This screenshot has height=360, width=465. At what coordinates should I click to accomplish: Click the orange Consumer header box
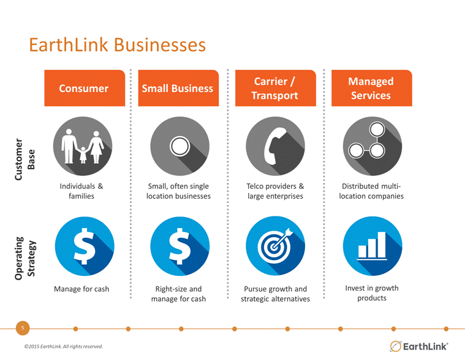coord(85,88)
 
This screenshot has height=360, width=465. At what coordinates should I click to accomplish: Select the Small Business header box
coord(178,88)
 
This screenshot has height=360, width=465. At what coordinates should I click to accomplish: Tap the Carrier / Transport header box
coord(276,88)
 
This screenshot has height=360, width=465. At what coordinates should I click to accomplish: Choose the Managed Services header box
coord(372,88)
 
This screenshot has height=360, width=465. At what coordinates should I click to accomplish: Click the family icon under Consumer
coord(83,146)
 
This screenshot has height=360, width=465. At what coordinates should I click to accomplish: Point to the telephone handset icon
coord(275,146)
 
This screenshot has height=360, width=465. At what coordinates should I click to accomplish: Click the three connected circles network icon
coord(372,146)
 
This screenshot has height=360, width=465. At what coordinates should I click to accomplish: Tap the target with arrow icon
coord(275,246)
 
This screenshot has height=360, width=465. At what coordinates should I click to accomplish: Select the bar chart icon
coord(372,246)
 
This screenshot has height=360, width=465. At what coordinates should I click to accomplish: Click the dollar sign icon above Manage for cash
coord(85,246)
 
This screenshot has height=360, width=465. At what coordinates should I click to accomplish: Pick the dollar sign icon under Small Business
coord(180,246)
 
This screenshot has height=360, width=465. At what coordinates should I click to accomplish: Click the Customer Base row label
coord(25,159)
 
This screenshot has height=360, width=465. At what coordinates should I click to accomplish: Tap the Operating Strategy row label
coord(25,258)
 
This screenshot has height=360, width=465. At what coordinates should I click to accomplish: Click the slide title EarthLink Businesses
coord(117,45)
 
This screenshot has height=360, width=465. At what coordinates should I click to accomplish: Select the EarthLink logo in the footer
coord(418,347)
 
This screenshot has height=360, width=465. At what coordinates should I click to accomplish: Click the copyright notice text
coord(64,347)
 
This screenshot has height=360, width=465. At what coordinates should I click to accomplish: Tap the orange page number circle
coord(23,328)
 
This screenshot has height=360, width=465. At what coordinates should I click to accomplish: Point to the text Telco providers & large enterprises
coord(275,191)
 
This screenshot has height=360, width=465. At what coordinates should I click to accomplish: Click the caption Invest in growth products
coord(372,293)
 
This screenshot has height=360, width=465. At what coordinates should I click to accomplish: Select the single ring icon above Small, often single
coord(180,146)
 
